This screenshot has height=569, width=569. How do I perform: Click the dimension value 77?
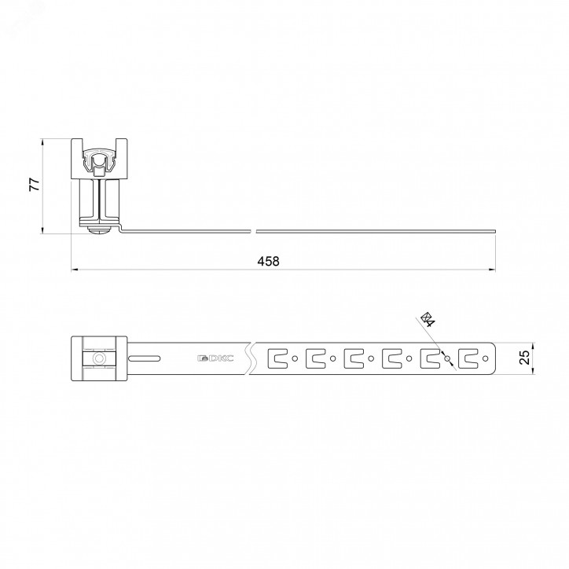pyautogui.click(x=34, y=185)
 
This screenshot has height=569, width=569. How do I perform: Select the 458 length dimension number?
pyautogui.click(x=268, y=261)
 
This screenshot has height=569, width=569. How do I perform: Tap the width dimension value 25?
pyautogui.click(x=525, y=358)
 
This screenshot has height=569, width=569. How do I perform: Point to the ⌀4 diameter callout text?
pyautogui.click(x=428, y=318)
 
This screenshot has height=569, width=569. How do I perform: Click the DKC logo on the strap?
pyautogui.click(x=215, y=358)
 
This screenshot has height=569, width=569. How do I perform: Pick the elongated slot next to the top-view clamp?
pyautogui.click(x=145, y=358)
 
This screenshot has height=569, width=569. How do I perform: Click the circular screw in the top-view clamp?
pyautogui.click(x=98, y=358)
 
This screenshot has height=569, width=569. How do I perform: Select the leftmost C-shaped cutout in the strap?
pyautogui.click(x=277, y=358)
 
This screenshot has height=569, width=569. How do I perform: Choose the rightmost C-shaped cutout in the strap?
pyautogui.click(x=468, y=358)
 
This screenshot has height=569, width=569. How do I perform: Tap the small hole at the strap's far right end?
pyautogui.click(x=486, y=358)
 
